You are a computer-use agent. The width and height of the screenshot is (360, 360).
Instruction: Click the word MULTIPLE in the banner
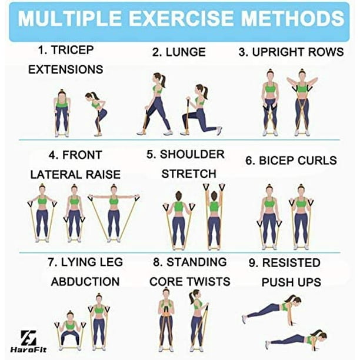pos(70,18)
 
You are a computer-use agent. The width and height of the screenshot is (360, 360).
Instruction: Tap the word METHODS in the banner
pos(292,18)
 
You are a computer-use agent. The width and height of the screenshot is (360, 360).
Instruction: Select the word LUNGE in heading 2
pos(185,52)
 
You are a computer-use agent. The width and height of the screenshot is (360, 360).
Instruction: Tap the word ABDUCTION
pos(85,282)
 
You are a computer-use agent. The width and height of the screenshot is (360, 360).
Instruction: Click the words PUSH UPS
pos(291,282)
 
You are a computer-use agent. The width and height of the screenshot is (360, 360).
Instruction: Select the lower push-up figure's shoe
pos(268,345)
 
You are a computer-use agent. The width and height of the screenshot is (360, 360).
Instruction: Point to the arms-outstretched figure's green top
pos(114,201)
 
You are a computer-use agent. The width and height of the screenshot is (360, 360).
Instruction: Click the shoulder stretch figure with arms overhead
pos(214,216)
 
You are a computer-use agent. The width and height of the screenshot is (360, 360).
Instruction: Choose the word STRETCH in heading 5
pos(189,174)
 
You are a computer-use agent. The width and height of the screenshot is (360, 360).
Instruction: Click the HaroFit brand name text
pos(28,349)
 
